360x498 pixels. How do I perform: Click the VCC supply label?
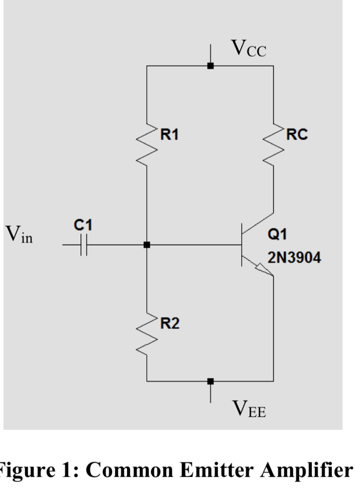point(248,49)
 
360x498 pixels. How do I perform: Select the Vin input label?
point(19,237)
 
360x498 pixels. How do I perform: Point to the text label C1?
point(83,225)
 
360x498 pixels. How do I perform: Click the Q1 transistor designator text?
point(277,234)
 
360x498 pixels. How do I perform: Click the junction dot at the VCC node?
point(210,66)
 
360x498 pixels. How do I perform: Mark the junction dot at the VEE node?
point(210,381)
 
